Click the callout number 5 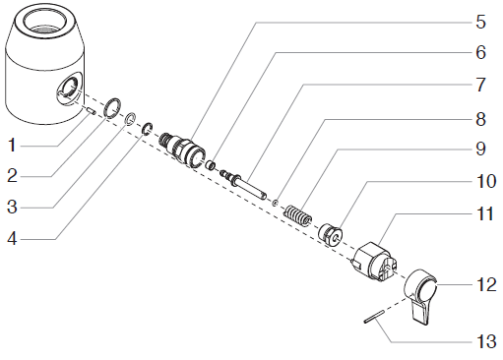(x=480, y=23)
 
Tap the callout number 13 (x=486, y=341)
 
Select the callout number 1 (x=12, y=146)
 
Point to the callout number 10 (x=486, y=181)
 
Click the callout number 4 (x=12, y=239)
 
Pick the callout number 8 (x=480, y=119)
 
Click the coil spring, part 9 (x=298, y=215)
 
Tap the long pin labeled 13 (x=374, y=317)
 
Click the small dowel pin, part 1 (x=92, y=111)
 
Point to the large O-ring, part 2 (x=112, y=107)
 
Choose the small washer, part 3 (x=130, y=119)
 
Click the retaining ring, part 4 (x=147, y=129)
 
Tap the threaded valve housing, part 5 (x=182, y=150)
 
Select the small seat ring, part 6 (x=211, y=164)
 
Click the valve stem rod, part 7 (x=243, y=184)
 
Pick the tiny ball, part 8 (x=276, y=203)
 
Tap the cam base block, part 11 (x=374, y=262)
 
